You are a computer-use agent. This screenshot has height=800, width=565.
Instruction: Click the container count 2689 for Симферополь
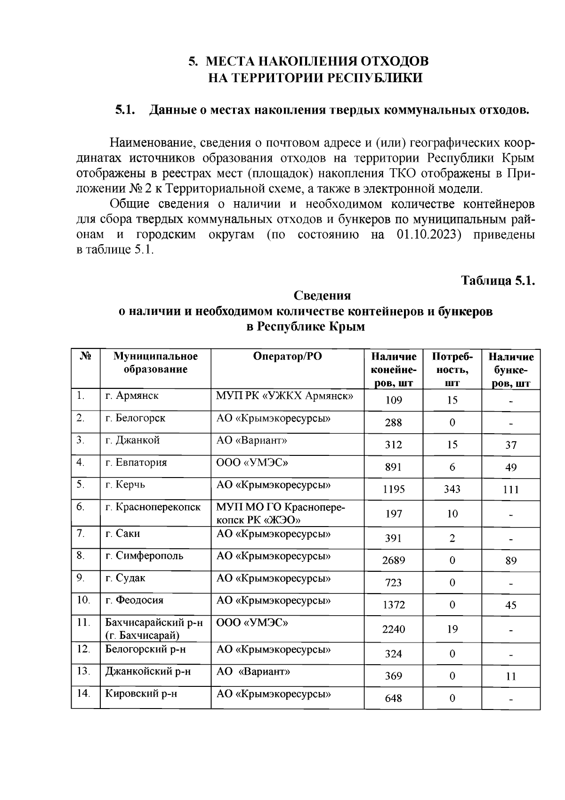click(393, 561)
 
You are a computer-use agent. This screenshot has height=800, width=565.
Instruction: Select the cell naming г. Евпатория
click(136, 462)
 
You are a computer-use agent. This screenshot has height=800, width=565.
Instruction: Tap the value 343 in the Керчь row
click(452, 489)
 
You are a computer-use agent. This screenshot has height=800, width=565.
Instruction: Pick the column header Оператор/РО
click(287, 356)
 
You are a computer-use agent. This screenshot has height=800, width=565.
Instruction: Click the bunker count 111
click(510, 489)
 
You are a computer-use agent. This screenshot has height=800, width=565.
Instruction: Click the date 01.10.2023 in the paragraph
click(428, 235)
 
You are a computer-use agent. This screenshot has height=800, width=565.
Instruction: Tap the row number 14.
click(83, 693)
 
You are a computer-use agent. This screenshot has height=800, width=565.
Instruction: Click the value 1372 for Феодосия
click(393, 605)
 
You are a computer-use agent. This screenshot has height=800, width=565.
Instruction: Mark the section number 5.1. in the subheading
click(125, 110)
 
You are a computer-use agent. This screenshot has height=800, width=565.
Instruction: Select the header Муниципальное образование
click(155, 363)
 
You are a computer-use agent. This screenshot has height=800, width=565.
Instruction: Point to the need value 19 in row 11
click(452, 629)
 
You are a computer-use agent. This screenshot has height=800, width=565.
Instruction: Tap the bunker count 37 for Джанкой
click(510, 445)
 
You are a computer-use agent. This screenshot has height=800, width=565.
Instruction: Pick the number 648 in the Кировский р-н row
click(393, 698)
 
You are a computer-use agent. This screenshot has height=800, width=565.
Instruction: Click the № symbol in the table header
click(85, 356)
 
